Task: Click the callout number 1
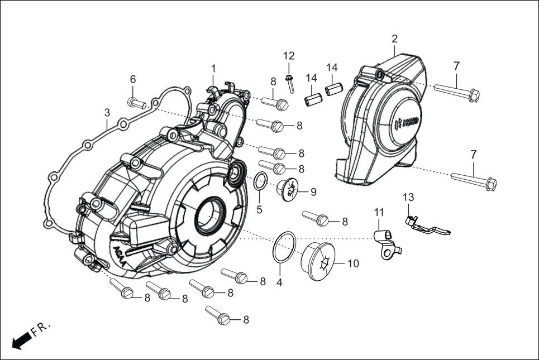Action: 213,68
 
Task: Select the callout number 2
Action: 394,39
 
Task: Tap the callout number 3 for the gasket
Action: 107,113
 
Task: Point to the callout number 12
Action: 288,55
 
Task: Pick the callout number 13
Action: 408,197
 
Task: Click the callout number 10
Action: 353,263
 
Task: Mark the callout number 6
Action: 133,79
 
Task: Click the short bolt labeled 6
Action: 136,103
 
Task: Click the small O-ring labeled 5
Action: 260,182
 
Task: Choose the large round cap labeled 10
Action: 320,260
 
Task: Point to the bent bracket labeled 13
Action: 426,226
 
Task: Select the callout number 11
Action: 379,212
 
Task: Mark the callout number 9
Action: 313,192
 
